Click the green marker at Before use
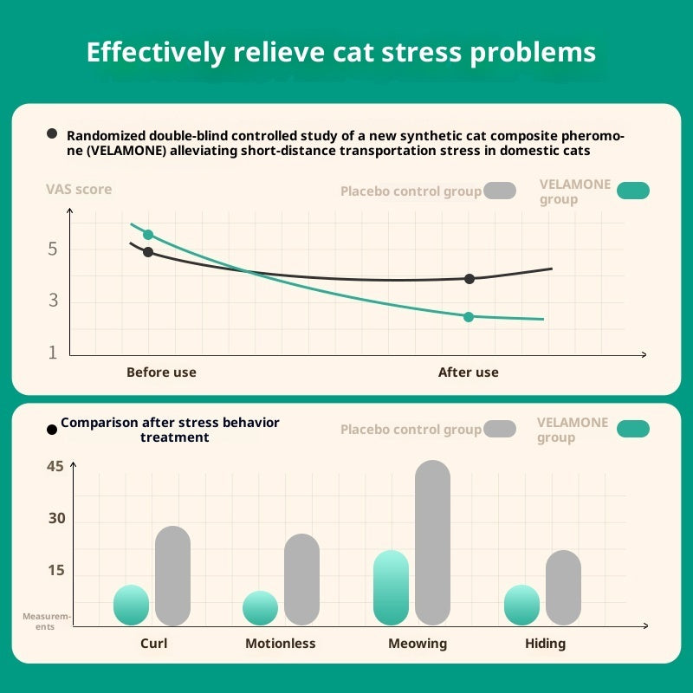148,235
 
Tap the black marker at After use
470,279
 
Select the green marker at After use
469,317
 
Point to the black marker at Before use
148,252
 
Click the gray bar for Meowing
433,543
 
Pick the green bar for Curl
131,606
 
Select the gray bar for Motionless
301,580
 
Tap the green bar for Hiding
521,606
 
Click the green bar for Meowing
391,588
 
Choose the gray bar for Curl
172,576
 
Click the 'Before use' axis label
161,372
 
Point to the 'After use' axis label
469,372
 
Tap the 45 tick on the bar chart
55,467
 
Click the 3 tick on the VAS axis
53,301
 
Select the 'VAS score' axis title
79,190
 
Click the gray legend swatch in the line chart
500,191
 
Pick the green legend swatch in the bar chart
633,429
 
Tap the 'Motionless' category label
280,644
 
